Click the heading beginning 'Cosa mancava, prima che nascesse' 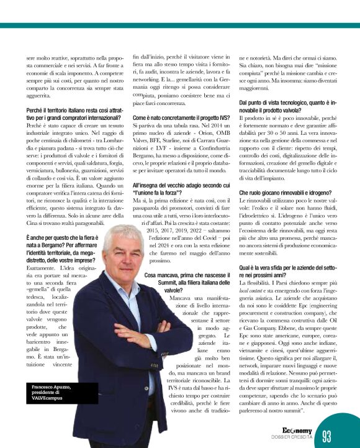click(x=185, y=278)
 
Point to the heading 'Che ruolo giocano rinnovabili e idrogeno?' click(x=287, y=193)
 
